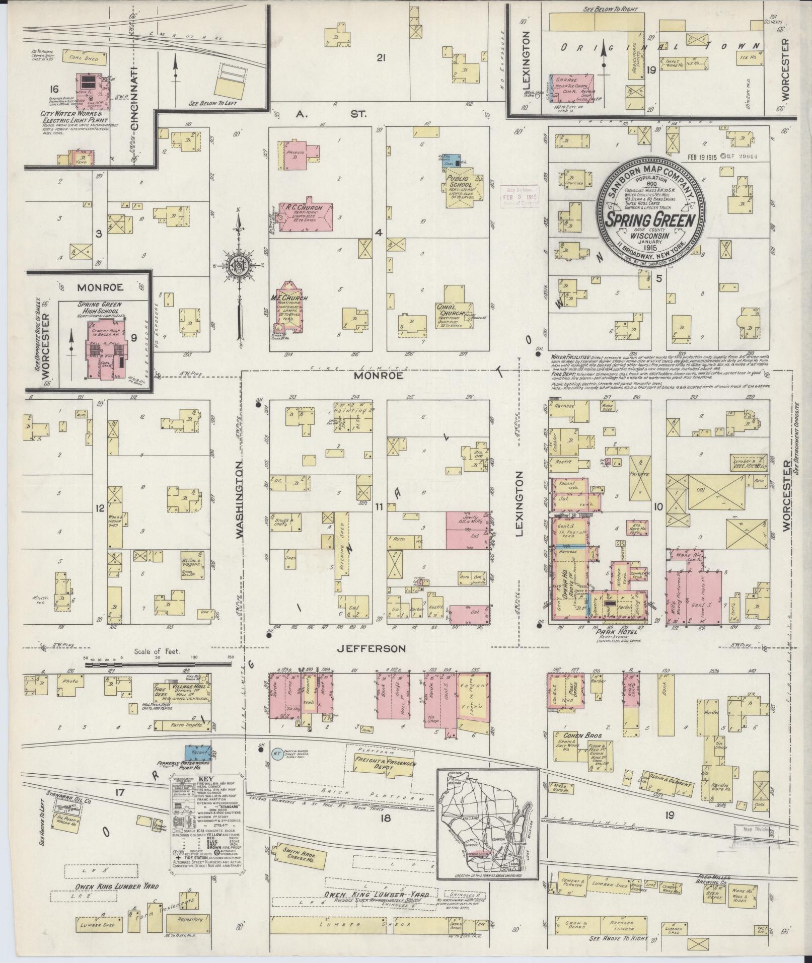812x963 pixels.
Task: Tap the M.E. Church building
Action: pos(289,307)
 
